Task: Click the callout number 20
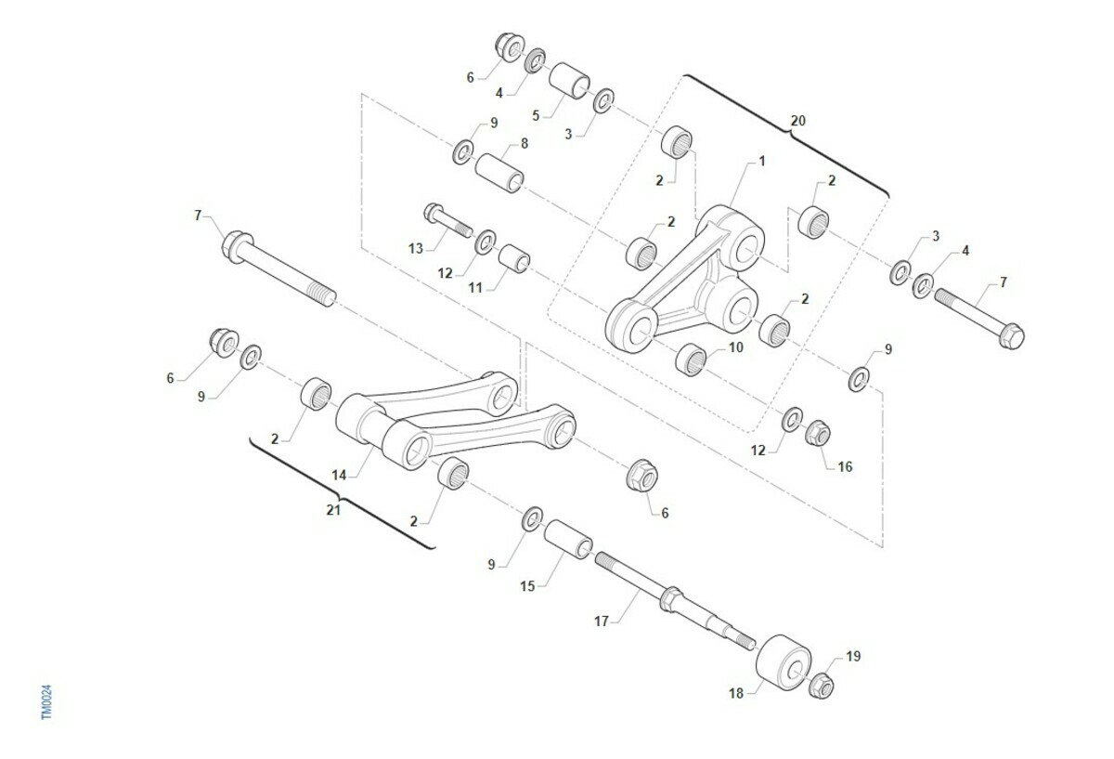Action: pos(797,121)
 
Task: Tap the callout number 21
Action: pos(332,510)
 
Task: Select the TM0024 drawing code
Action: pos(46,701)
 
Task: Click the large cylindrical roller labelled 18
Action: pos(784,662)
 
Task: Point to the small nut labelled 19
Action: pos(821,686)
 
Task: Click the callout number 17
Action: pos(601,622)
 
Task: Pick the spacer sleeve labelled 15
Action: pos(568,540)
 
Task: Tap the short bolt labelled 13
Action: pos(448,221)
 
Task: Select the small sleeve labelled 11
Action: pos(514,258)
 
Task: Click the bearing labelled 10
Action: pos(692,360)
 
